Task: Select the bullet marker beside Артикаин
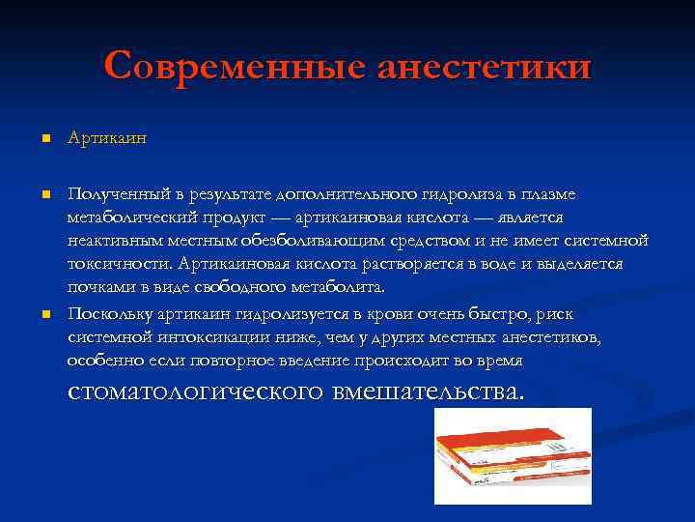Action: (x=44, y=139)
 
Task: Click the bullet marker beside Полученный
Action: (x=44, y=194)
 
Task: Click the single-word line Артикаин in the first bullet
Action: (x=107, y=139)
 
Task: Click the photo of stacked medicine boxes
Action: (x=513, y=455)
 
